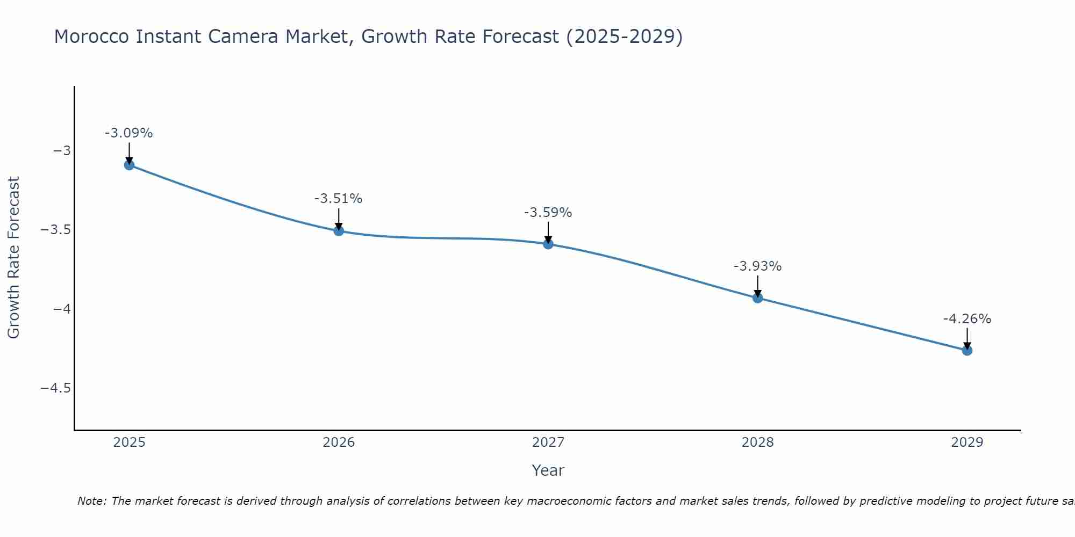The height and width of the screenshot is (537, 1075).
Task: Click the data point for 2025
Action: pyautogui.click(x=129, y=165)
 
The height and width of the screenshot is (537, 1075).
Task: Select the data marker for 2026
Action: pyautogui.click(x=339, y=231)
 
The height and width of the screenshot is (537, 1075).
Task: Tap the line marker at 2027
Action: pyautogui.click(x=548, y=244)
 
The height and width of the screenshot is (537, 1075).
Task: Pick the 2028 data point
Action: pyautogui.click(x=758, y=297)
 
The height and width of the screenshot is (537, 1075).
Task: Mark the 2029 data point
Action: pyautogui.click(x=967, y=350)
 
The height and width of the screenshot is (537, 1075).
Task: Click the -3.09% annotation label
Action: pyautogui.click(x=129, y=133)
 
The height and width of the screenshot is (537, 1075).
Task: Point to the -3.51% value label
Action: pyautogui.click(x=339, y=199)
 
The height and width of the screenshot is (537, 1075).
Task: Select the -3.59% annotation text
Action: pyautogui.click(x=548, y=213)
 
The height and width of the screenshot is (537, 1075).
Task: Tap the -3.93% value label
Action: pyautogui.click(x=758, y=266)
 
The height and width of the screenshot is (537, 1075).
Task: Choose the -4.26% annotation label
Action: pyautogui.click(x=967, y=319)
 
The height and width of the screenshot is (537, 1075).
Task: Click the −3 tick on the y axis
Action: pyautogui.click(x=62, y=150)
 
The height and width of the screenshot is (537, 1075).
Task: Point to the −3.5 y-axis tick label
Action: pyautogui.click(x=56, y=230)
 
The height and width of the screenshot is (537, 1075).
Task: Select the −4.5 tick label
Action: pyautogui.click(x=56, y=388)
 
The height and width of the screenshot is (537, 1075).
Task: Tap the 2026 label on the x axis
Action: pyautogui.click(x=339, y=442)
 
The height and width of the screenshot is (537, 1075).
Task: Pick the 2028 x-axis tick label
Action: pyautogui.click(x=758, y=442)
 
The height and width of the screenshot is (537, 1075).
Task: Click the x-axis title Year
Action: pyautogui.click(x=548, y=470)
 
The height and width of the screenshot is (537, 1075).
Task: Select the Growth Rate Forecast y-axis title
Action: pyautogui.click(x=13, y=258)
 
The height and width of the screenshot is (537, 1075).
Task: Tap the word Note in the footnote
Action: pyautogui.click(x=91, y=501)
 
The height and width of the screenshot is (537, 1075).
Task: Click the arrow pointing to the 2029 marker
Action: pyautogui.click(x=967, y=338)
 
